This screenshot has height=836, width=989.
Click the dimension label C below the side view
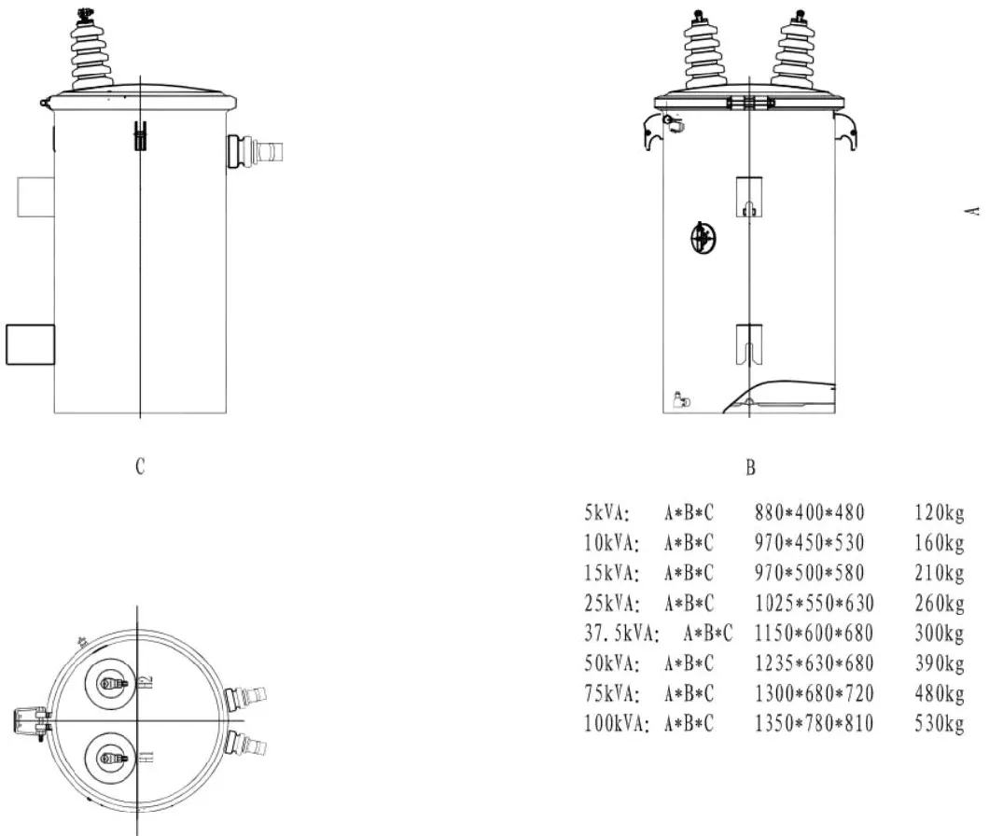click(140, 467)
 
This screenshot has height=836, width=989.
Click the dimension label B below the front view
click(750, 467)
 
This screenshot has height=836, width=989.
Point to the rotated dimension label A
click(974, 211)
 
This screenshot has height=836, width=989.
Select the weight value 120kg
click(939, 512)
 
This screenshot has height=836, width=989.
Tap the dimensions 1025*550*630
click(814, 604)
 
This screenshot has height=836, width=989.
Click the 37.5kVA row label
click(621, 634)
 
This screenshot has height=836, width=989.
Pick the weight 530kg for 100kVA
click(939, 724)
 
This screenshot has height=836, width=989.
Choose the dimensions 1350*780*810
click(814, 724)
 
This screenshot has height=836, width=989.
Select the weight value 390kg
click(939, 664)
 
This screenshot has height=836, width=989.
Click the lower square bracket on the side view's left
click(30, 344)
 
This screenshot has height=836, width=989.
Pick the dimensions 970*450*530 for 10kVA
click(809, 543)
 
